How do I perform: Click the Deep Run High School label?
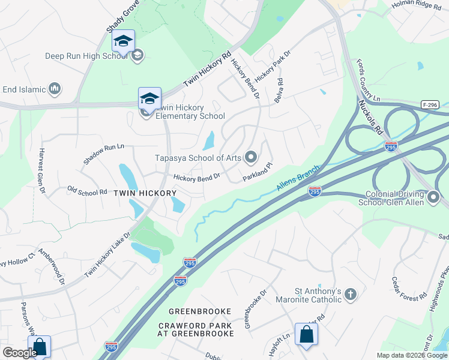tap(86, 56)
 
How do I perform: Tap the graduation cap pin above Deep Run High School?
tap(123, 42)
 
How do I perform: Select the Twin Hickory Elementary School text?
tap(190, 112)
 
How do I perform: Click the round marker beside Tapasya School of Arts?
tap(252, 158)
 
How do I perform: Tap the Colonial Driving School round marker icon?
tap(434, 196)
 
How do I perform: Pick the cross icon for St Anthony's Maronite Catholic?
tap(351, 295)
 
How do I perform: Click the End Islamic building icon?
tap(55, 89)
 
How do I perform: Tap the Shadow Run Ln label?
tap(104, 154)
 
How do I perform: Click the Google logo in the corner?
tap(20, 353)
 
